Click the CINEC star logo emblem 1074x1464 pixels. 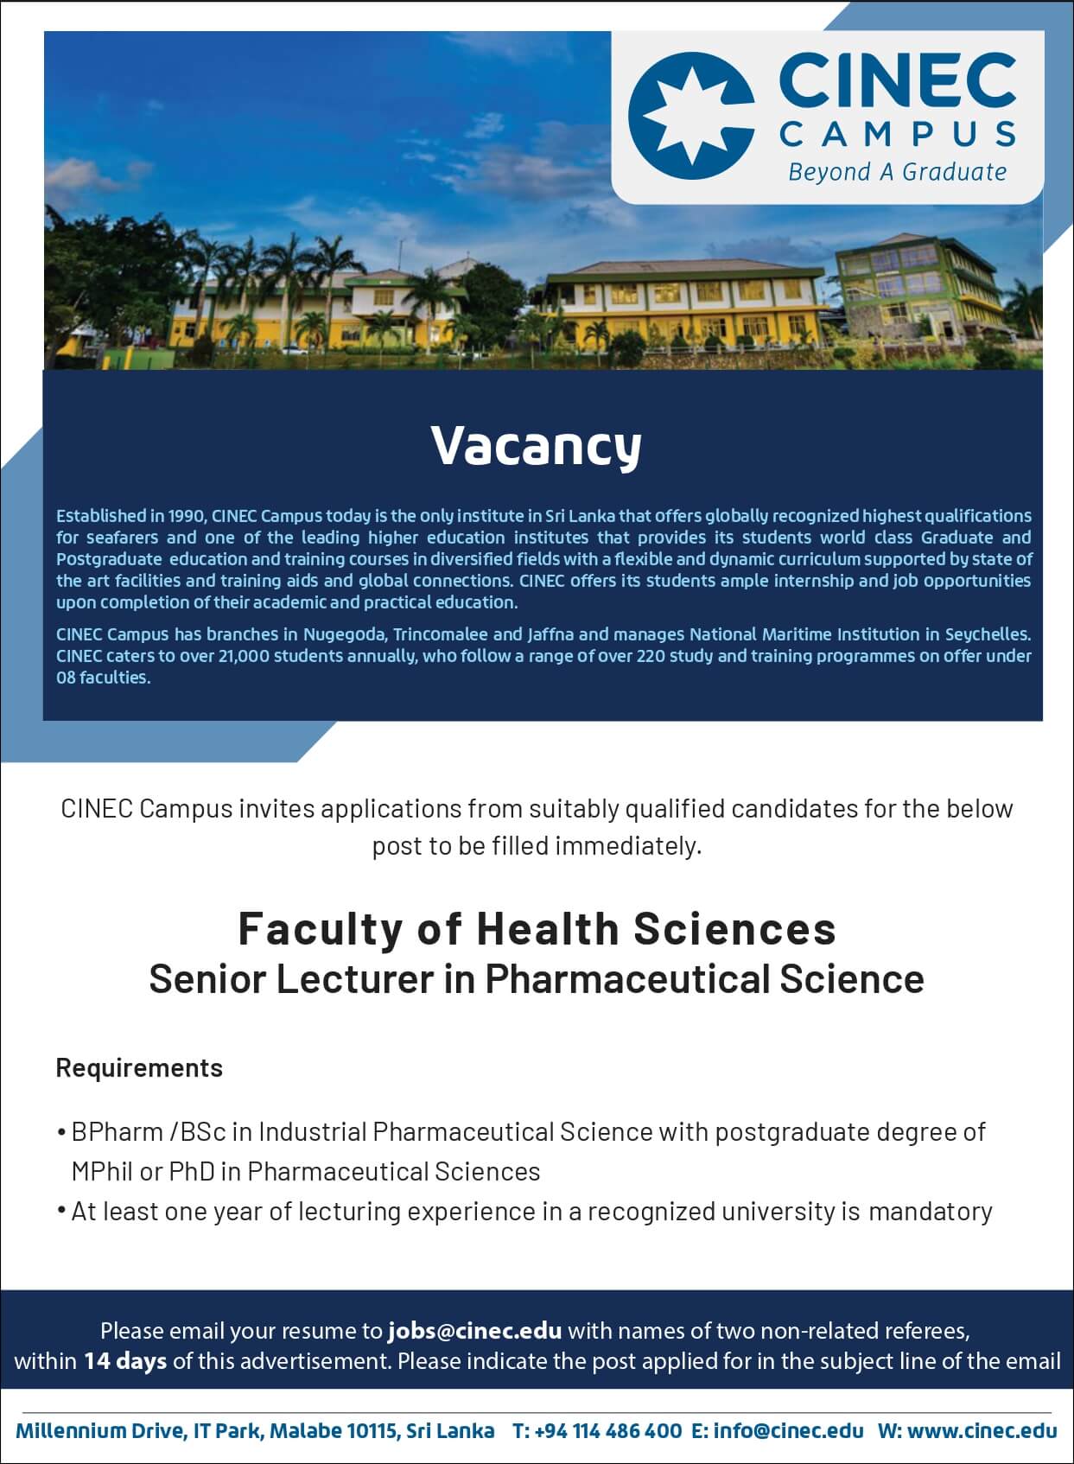tap(691, 116)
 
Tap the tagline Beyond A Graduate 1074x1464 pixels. tap(898, 172)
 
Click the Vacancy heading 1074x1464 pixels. tap(537, 447)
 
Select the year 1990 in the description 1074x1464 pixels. tap(188, 516)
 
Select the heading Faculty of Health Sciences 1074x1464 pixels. tap(537, 929)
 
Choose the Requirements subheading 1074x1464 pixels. tap(139, 1068)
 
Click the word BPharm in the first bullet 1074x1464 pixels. tap(118, 1133)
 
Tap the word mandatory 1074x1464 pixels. tap(931, 1213)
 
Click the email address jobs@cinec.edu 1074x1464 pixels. tap(475, 1331)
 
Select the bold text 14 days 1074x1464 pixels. tap(124, 1361)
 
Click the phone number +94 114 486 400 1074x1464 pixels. tap(607, 1431)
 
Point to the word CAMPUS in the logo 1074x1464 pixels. tap(898, 135)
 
